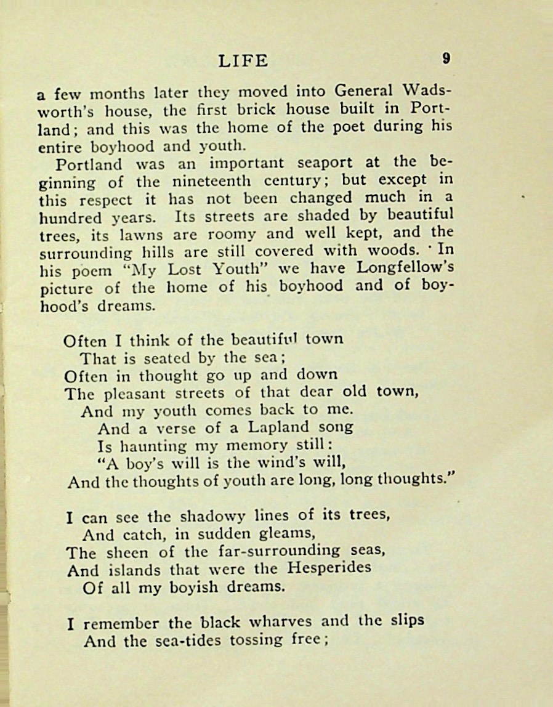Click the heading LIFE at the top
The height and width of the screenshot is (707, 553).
pos(243,60)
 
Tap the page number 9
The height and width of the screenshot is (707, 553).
pos(446,59)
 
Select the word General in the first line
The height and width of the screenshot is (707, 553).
pos(364,91)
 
